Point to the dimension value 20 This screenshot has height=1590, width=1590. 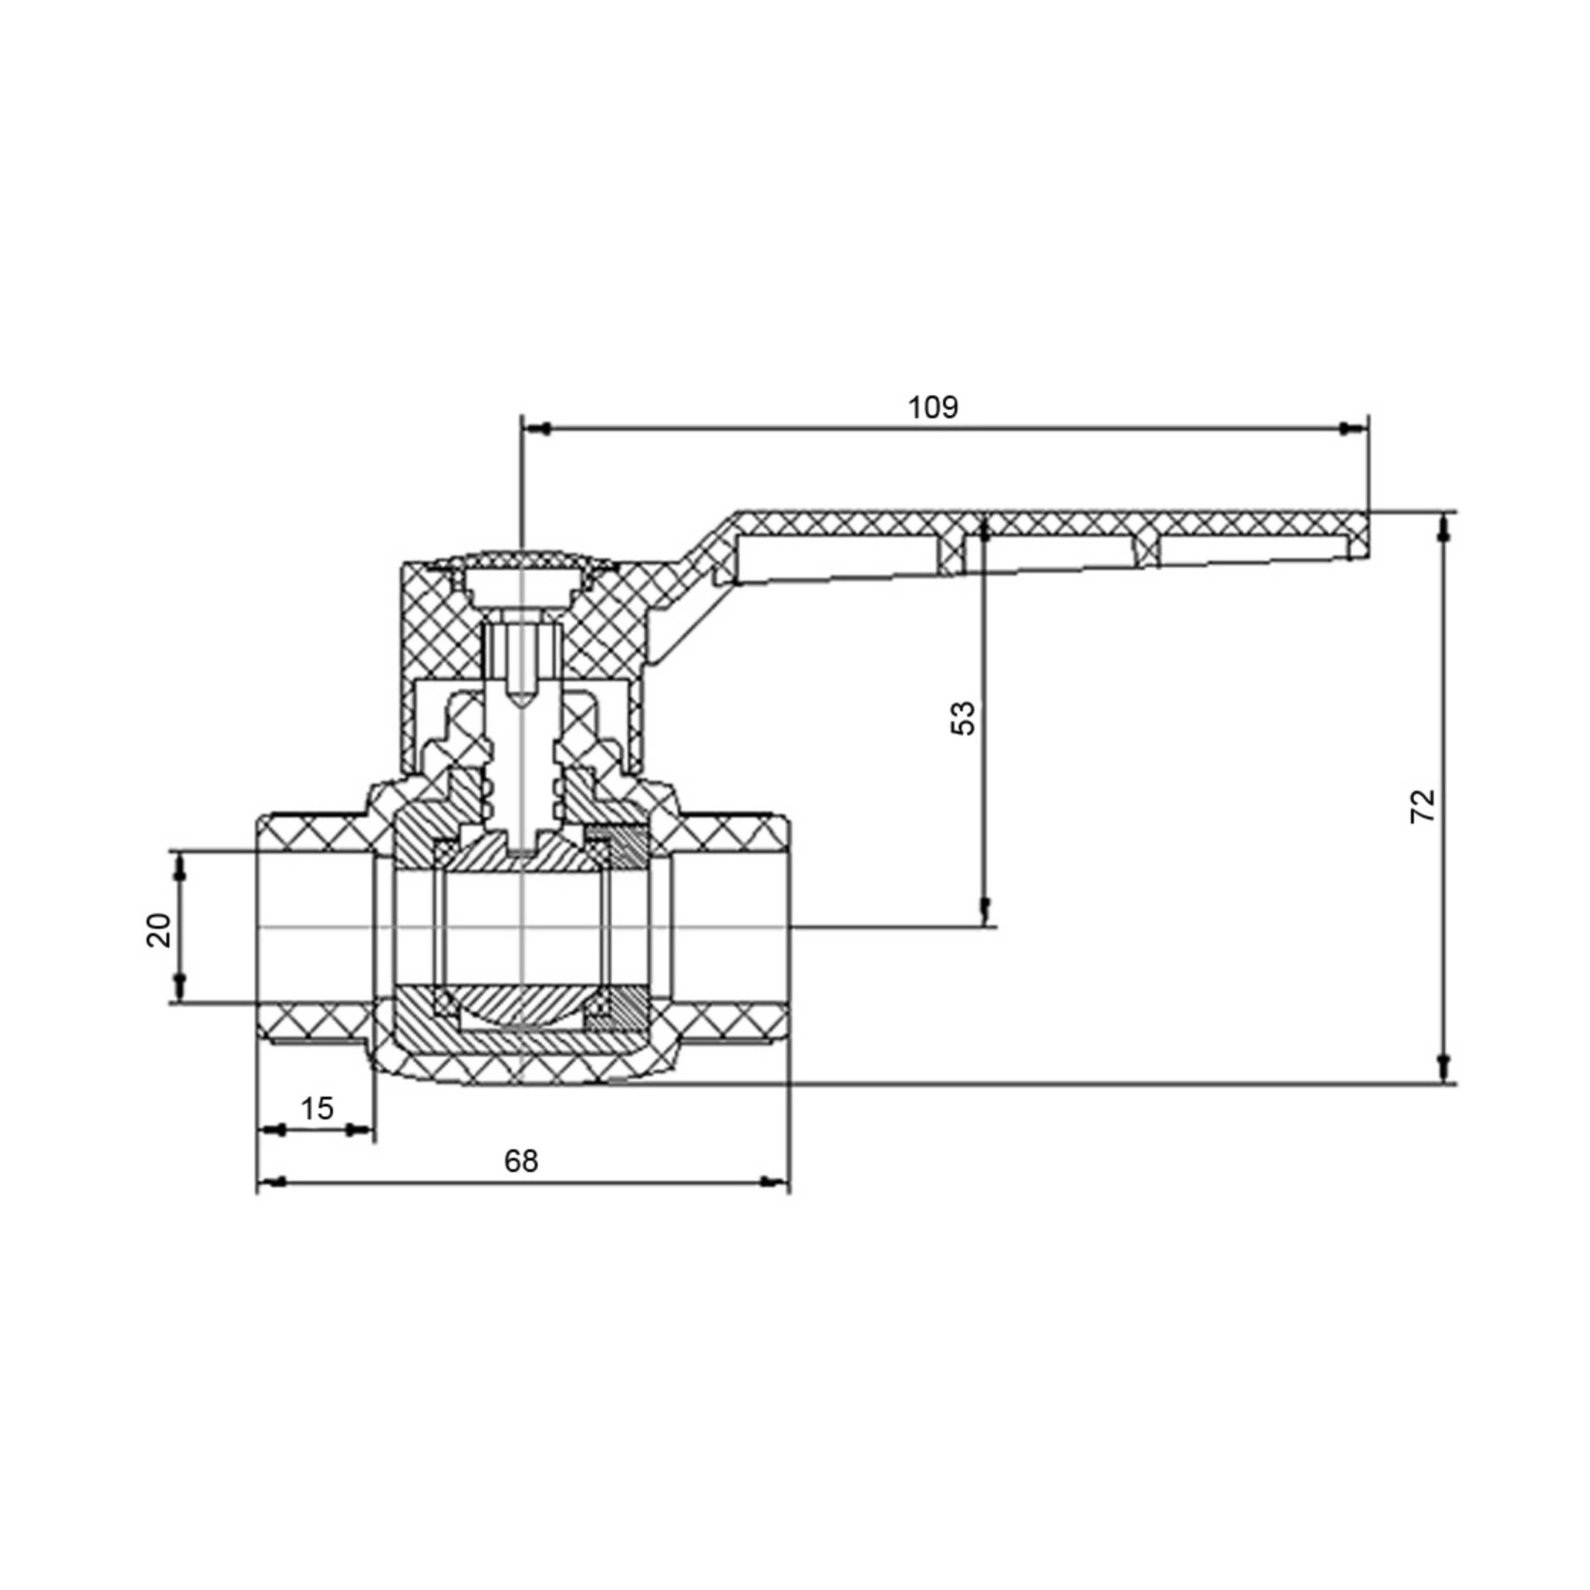(159, 930)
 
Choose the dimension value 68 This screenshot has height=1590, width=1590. (521, 1161)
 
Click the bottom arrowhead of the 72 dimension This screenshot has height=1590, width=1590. (1443, 1069)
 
